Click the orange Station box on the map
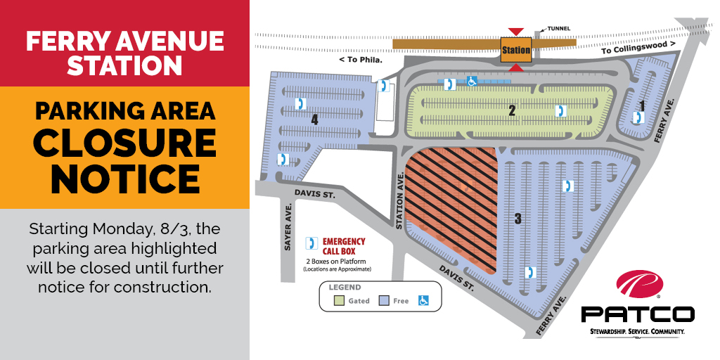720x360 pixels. (x=515, y=50)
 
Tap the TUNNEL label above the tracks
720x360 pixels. (x=557, y=29)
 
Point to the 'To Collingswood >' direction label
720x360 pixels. (x=638, y=47)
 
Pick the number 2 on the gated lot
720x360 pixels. (x=513, y=110)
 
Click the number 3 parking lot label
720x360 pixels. (x=518, y=219)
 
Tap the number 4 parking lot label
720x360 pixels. (x=314, y=120)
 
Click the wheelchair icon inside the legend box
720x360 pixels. (x=424, y=300)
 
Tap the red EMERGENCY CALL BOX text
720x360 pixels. (x=344, y=245)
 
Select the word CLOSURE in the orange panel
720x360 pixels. (x=124, y=143)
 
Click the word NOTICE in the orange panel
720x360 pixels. (x=124, y=179)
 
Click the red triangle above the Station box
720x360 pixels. (x=516, y=32)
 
